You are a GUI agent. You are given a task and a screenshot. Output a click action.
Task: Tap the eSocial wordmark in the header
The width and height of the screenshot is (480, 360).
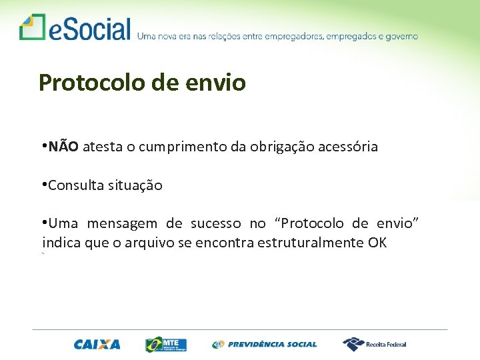point(89,29)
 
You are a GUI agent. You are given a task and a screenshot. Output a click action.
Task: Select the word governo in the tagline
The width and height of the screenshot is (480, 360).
point(399,37)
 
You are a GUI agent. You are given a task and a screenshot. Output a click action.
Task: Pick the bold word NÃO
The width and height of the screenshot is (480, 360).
point(64,147)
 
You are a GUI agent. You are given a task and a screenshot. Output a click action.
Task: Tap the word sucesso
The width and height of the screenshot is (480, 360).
point(215,224)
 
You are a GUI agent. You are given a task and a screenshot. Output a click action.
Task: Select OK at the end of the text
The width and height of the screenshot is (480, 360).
point(377,243)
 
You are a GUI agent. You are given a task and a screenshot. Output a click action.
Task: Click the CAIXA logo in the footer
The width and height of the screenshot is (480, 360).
point(97,345)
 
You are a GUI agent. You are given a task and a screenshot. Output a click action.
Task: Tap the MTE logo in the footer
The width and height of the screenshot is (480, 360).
point(166,344)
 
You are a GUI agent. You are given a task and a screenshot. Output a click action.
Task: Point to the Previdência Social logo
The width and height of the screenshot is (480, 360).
point(265,345)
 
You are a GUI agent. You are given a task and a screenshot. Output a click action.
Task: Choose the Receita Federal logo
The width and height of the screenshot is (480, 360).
point(375,344)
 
